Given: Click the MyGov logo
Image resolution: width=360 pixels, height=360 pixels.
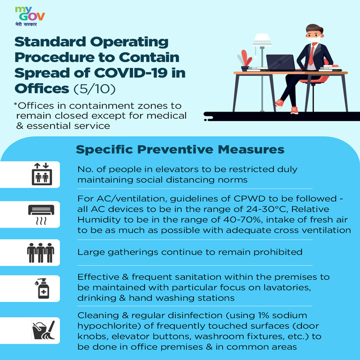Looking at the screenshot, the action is click(x=30, y=16).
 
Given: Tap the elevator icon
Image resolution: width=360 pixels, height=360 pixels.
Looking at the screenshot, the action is click(x=42, y=174).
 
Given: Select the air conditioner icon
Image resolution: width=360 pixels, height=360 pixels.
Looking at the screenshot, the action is click(x=41, y=215).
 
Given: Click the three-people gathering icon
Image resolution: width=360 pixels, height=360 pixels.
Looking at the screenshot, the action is click(x=40, y=252).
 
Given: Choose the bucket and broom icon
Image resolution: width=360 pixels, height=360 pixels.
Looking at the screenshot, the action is click(x=44, y=330).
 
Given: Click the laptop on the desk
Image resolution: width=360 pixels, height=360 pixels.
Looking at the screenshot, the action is click(x=280, y=63).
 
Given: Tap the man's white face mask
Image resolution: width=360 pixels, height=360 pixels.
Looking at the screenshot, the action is click(x=314, y=39).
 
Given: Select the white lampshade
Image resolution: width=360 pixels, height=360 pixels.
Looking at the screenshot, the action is click(x=262, y=40).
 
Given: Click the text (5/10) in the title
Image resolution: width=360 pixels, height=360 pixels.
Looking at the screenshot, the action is click(x=94, y=89).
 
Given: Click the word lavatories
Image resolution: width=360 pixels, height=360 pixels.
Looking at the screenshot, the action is click(x=287, y=288).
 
